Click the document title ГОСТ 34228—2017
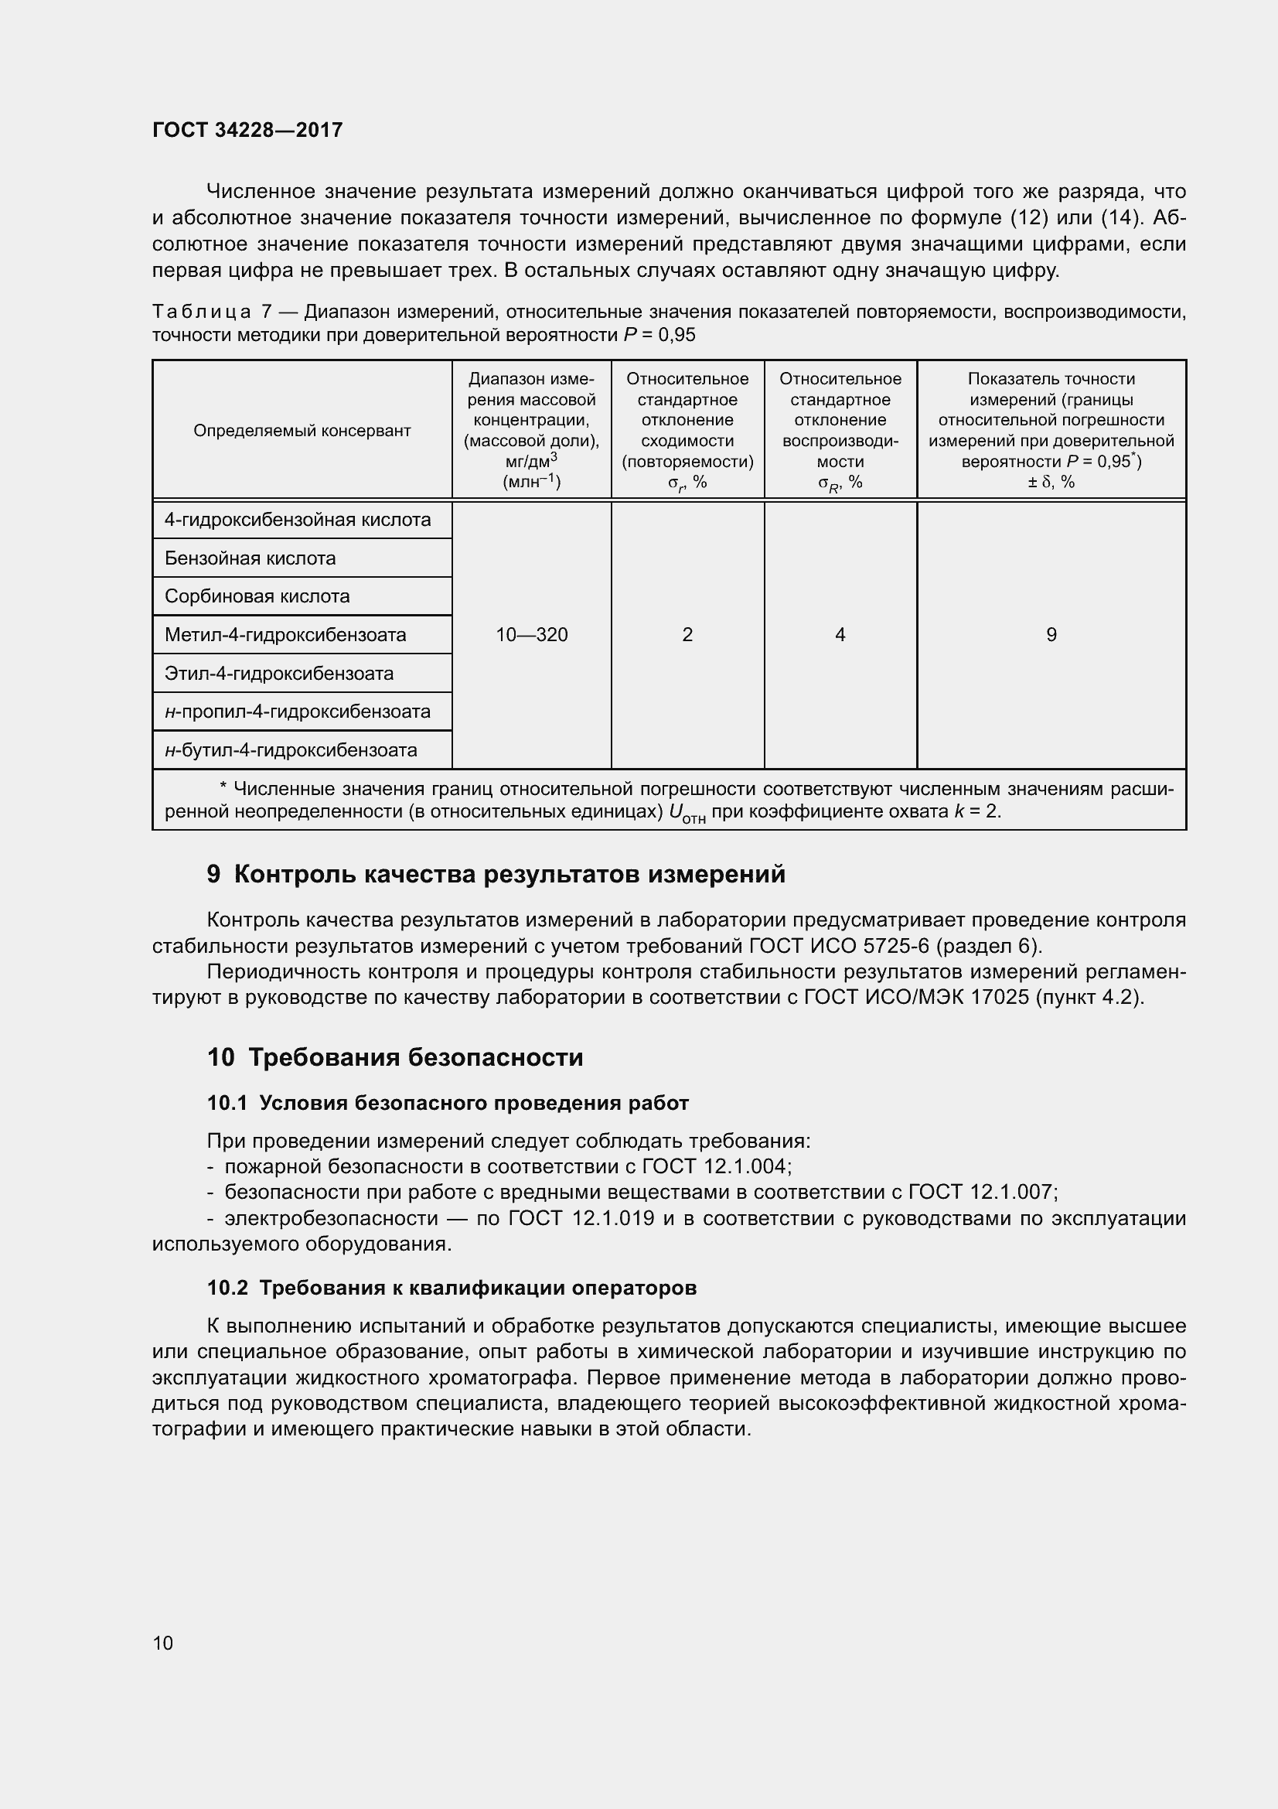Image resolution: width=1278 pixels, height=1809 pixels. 247,130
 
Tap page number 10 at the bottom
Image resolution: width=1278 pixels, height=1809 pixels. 163,1643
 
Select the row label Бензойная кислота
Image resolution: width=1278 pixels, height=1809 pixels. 250,558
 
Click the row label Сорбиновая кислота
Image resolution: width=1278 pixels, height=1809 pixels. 257,596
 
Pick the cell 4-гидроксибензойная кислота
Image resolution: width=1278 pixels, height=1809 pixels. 298,520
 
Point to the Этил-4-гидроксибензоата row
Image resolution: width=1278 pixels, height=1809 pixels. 279,674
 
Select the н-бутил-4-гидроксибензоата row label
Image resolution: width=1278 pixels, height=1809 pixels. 291,750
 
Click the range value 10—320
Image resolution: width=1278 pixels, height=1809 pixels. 531,635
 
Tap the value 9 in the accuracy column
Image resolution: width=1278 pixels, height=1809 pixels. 1051,635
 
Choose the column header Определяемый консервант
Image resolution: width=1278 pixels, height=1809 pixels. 302,431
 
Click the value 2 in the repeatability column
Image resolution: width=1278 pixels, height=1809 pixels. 687,635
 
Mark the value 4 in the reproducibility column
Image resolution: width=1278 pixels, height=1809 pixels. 840,635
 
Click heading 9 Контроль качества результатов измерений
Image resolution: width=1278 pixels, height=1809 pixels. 496,875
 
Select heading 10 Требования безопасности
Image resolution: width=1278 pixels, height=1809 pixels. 394,1057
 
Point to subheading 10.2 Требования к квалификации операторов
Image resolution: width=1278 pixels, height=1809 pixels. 452,1288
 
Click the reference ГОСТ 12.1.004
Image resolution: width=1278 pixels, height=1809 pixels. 715,1166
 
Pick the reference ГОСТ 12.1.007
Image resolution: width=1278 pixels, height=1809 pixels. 980,1191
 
